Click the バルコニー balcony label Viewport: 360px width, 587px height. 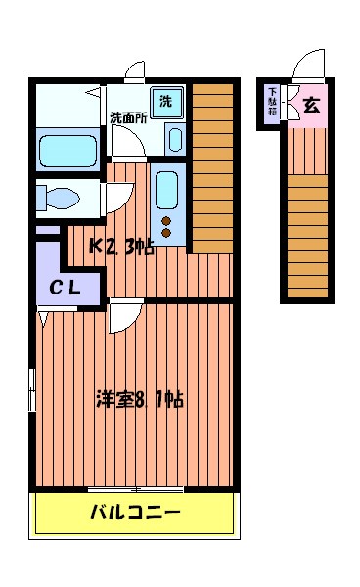(x=135, y=512)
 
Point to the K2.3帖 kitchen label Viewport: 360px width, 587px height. (x=121, y=247)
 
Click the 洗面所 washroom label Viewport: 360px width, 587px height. (x=127, y=118)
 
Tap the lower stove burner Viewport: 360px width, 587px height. (x=166, y=233)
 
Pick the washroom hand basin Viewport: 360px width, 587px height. (x=175, y=139)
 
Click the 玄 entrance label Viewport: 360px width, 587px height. (x=310, y=107)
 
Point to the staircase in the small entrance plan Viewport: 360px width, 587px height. (x=307, y=235)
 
